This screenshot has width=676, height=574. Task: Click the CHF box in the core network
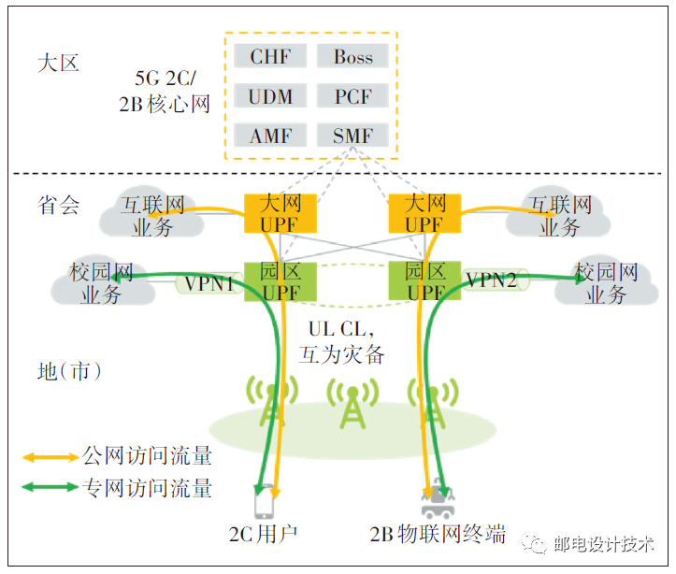270,56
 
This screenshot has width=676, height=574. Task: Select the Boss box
352,56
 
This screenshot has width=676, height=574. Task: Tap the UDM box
270,96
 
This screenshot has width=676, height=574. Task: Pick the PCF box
352,96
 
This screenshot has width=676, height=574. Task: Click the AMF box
270,136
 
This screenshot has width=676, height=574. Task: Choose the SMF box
352,136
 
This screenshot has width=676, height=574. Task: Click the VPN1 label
209,281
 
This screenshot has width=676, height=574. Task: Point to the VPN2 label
492,280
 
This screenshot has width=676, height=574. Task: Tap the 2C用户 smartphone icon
265,501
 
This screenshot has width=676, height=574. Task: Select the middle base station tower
351,405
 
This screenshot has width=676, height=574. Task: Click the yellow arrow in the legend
52,458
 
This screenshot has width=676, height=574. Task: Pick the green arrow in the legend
52,486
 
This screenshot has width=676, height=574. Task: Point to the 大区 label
59,64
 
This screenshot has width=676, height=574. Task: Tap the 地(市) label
70,371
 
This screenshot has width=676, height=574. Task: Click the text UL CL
340,331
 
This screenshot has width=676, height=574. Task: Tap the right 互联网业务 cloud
560,216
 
